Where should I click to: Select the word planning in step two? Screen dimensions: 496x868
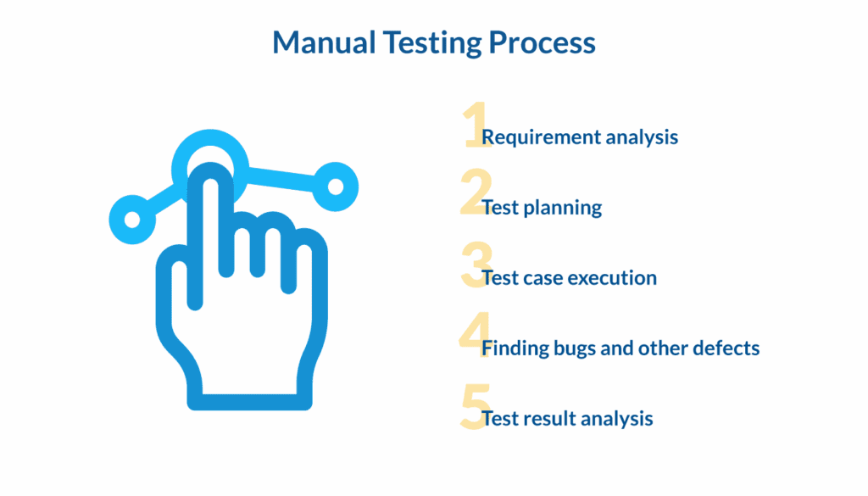(x=567, y=208)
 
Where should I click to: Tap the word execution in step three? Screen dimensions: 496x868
(x=611, y=278)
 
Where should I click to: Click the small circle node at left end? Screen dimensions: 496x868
(x=132, y=219)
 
